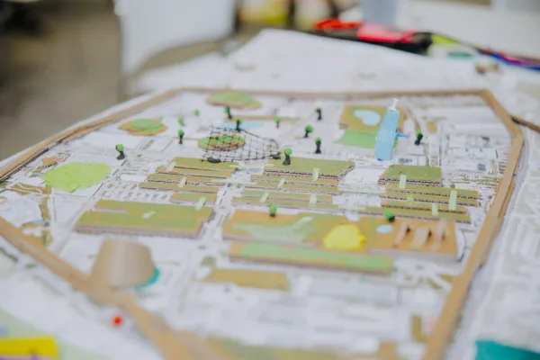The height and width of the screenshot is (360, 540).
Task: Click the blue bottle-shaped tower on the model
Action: coord(387,137)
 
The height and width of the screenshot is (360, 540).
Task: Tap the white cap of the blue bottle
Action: coord(392,104)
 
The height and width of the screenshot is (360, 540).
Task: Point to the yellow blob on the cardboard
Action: coord(344,238)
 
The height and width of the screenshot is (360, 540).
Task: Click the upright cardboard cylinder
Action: coord(123,264)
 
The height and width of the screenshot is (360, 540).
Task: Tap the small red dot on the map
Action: coord(117,319)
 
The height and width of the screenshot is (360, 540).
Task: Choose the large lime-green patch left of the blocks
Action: coord(76,175)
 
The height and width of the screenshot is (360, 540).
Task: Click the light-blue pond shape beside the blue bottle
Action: coord(367,117)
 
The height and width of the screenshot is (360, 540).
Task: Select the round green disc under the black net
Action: coord(221,142)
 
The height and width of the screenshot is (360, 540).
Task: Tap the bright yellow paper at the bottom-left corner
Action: coord(27,346)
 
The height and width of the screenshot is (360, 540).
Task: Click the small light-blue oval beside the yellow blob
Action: coord(384,229)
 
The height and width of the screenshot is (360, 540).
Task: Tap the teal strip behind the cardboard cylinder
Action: coord(149,278)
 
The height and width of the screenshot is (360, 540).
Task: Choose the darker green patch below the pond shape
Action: coord(357,139)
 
